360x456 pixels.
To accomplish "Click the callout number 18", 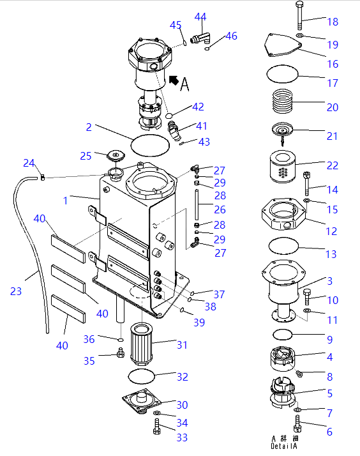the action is (x=333, y=22).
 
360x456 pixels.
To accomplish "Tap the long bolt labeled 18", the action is (x=300, y=15).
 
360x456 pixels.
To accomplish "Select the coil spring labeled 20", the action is (x=282, y=101).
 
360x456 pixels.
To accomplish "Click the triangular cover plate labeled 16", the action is (x=283, y=45).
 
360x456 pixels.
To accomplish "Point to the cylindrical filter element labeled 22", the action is (x=282, y=167).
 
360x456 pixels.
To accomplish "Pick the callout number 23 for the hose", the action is (x=16, y=291).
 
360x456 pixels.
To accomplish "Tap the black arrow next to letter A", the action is (x=174, y=80).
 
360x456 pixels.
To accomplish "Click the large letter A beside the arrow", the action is (x=185, y=84).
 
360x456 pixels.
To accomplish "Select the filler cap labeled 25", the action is (x=116, y=155).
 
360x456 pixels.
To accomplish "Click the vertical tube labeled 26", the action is (x=197, y=205).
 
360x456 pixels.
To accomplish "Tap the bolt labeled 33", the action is (x=156, y=427).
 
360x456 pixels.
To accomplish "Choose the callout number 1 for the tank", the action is (x=65, y=201).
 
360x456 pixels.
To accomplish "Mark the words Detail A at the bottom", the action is (x=284, y=446).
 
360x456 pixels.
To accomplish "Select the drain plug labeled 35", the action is (x=121, y=353).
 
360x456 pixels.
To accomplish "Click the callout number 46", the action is (x=231, y=36).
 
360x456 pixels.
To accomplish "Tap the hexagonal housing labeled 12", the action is (x=284, y=213).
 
